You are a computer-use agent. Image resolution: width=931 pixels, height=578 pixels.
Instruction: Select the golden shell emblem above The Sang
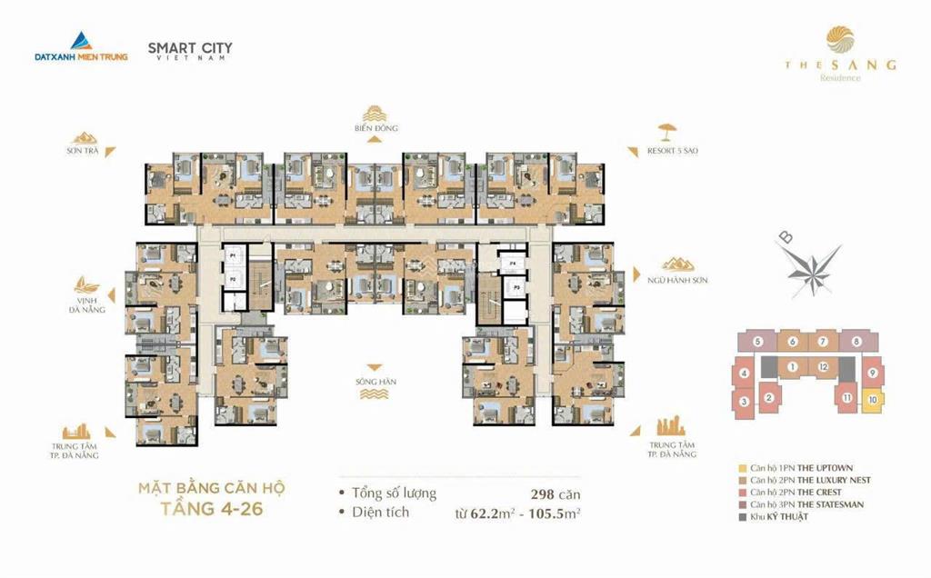point(840,42)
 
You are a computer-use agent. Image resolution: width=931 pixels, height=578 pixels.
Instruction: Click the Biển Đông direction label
point(376,128)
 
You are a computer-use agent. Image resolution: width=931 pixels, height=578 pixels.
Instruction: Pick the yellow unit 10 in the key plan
point(872,398)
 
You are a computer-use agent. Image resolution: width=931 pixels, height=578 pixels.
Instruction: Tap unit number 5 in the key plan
point(756,342)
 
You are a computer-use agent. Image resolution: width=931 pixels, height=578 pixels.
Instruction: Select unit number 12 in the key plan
point(822,366)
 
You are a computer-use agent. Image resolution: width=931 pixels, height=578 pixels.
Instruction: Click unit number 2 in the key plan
point(768,397)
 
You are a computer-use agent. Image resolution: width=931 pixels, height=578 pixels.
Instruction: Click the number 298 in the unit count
point(543,493)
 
